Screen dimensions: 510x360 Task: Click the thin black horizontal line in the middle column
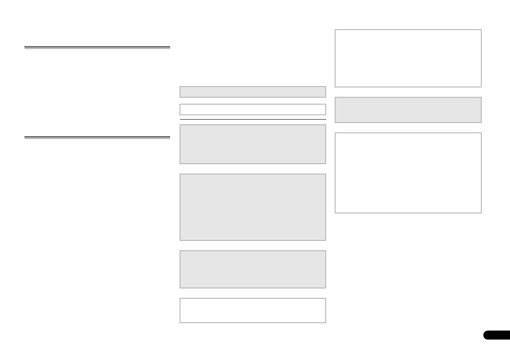click(x=253, y=119)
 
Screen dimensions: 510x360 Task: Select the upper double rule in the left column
click(x=97, y=48)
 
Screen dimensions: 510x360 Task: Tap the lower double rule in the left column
click(x=97, y=138)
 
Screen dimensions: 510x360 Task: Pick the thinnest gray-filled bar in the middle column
click(x=253, y=92)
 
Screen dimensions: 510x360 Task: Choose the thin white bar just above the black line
click(x=253, y=109)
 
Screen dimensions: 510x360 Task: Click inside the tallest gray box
click(x=253, y=207)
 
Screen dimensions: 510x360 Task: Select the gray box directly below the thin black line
click(x=253, y=144)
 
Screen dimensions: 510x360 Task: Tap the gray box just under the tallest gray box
click(x=253, y=269)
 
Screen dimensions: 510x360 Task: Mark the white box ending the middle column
click(x=253, y=310)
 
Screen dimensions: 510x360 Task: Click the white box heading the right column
click(x=408, y=58)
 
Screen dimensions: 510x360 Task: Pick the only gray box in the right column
click(x=408, y=110)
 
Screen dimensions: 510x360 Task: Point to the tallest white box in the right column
click(x=408, y=173)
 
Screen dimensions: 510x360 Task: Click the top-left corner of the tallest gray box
click(x=180, y=174)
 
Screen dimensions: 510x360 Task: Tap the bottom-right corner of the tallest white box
click(x=481, y=213)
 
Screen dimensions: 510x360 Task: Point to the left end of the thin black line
click(x=180, y=119)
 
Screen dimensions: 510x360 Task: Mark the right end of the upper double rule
click(x=170, y=48)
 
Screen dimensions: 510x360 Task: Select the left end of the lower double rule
click(x=25, y=138)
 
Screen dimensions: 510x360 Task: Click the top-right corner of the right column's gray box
click(x=481, y=98)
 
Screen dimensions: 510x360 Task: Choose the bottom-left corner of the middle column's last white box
click(x=180, y=322)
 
